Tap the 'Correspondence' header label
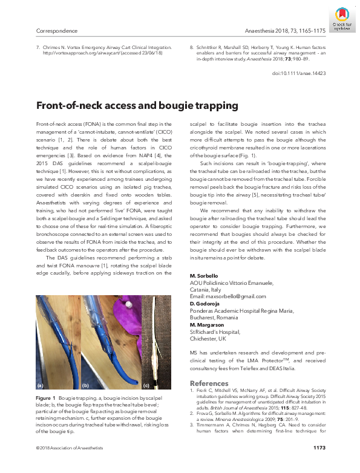(x=57, y=29)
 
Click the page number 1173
(x=319, y=464)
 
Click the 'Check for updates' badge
(x=341, y=16)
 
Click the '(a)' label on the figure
(x=41, y=385)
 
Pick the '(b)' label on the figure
(x=85, y=385)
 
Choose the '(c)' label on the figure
(x=145, y=385)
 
